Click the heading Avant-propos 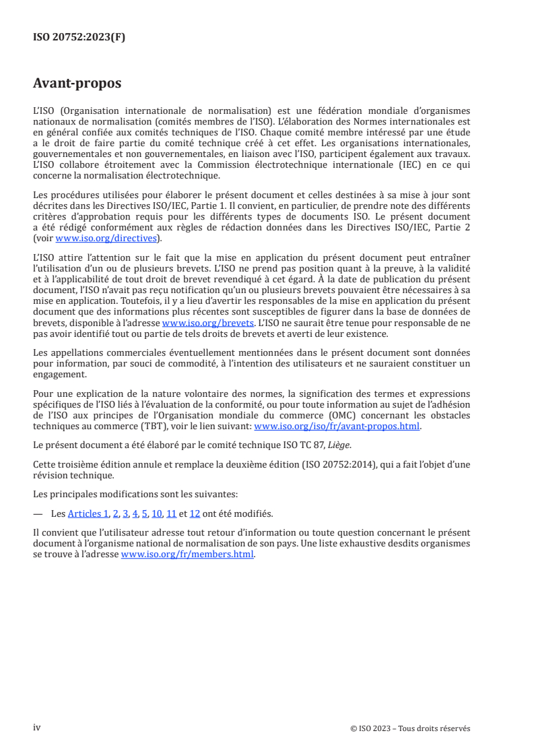[77, 84]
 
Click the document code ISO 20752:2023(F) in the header [79, 38]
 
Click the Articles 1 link [88, 513]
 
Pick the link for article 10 [157, 513]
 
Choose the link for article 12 [195, 513]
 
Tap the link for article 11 [172, 513]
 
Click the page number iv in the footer [37, 728]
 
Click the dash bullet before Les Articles [39, 513]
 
